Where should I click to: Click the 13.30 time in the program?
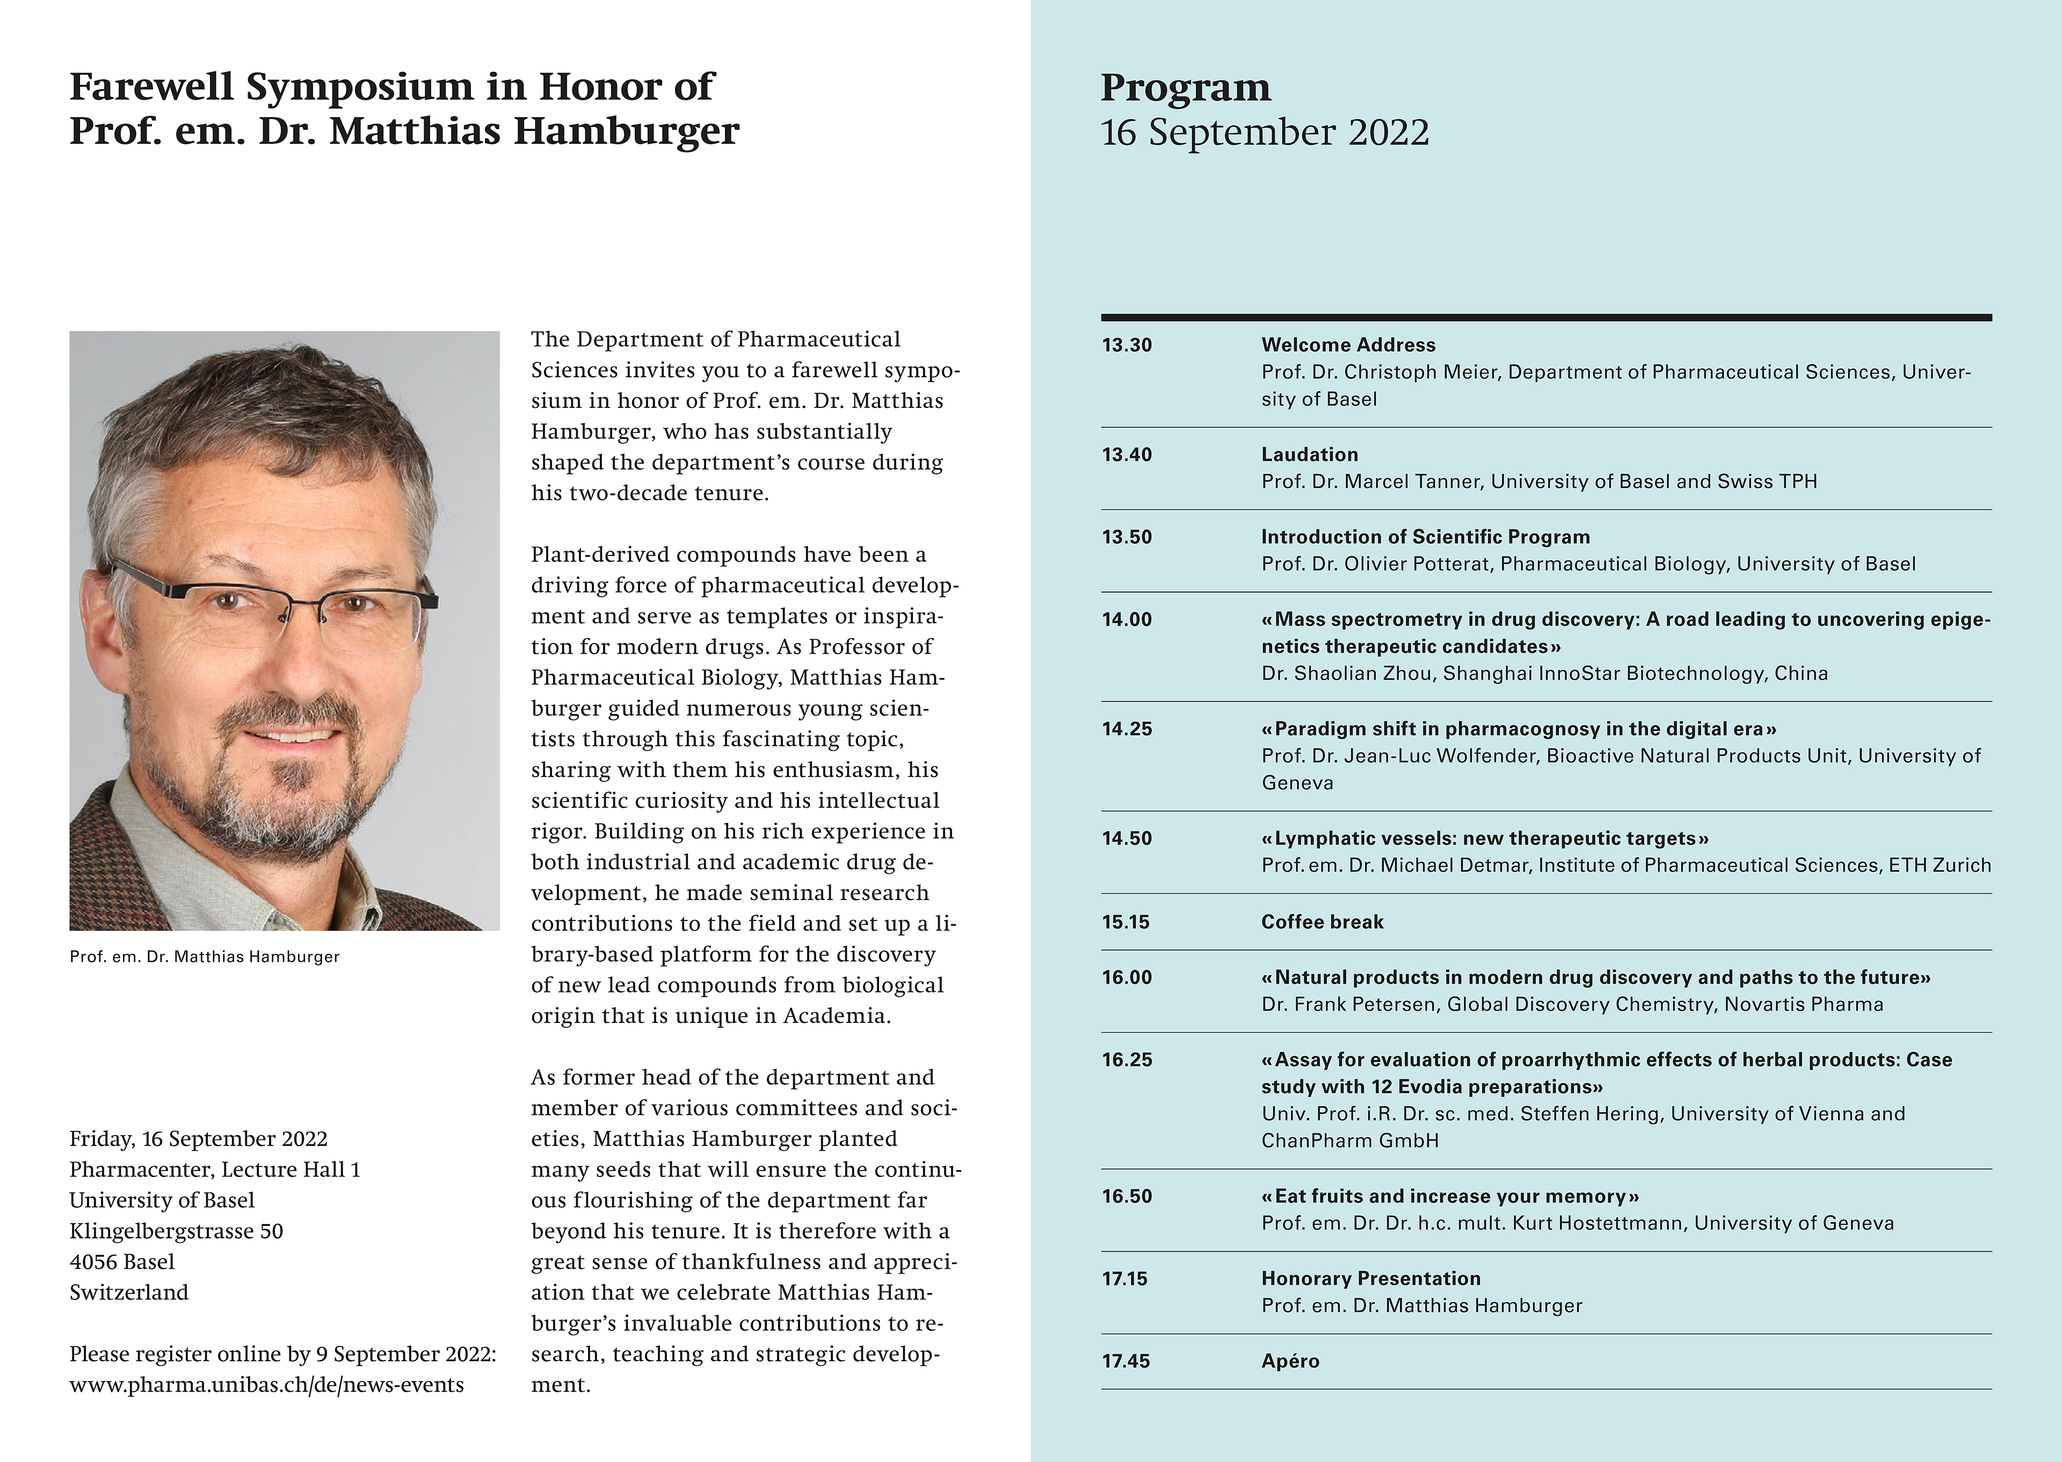point(1127,345)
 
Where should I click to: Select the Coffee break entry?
point(1322,922)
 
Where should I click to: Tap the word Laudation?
point(1309,455)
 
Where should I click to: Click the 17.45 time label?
point(1126,1361)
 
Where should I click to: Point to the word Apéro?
point(1290,1361)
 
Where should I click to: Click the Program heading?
point(1186,87)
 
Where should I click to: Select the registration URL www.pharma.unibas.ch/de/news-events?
point(266,1385)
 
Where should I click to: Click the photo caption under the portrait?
point(205,957)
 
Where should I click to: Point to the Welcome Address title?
point(1348,345)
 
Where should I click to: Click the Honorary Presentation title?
point(1370,1278)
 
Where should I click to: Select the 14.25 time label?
point(1127,729)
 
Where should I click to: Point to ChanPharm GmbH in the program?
point(1350,1141)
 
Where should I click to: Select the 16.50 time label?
point(1127,1196)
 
